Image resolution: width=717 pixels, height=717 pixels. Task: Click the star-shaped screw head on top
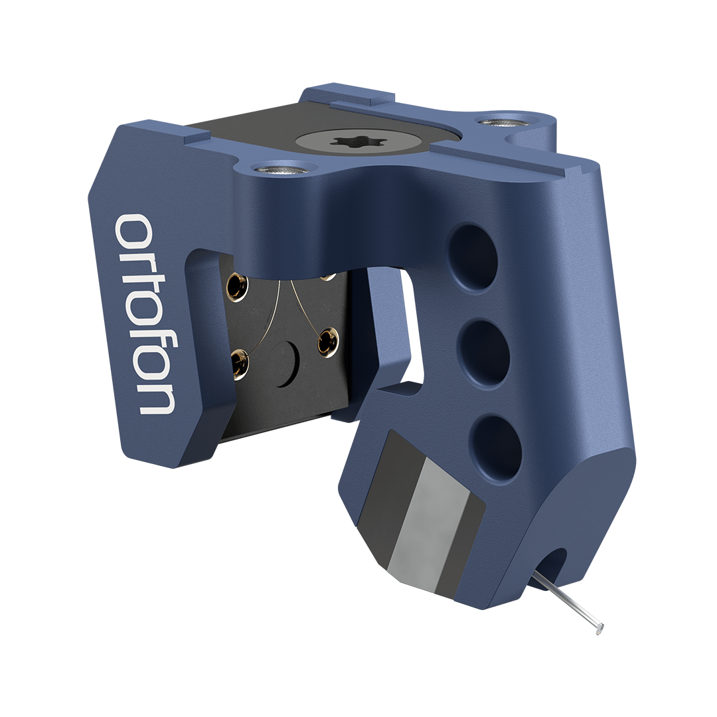click(x=353, y=143)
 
